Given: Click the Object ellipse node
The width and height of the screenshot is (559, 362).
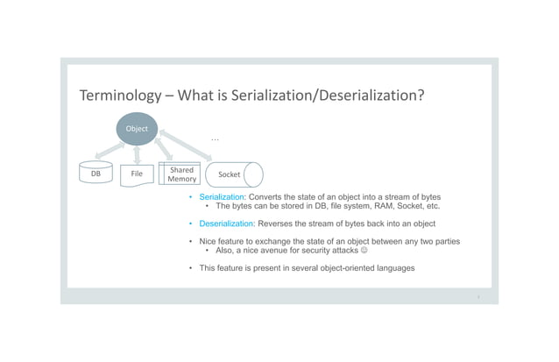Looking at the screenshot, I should (x=138, y=129).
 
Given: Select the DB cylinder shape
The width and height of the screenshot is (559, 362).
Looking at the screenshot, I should (x=96, y=174).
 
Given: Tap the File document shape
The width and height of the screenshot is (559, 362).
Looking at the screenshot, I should (x=137, y=174).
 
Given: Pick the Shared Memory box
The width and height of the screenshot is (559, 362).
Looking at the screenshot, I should (x=181, y=174).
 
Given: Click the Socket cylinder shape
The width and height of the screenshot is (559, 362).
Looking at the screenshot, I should (x=233, y=174).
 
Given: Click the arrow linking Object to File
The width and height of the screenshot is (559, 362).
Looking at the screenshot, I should (x=137, y=154).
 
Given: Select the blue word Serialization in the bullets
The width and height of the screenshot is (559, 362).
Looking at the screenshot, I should (x=222, y=197).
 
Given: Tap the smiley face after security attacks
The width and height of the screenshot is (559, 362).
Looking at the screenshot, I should (x=364, y=251).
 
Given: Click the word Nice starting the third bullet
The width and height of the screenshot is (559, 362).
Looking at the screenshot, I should (x=209, y=241).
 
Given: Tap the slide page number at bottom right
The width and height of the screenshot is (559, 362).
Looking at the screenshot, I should (x=478, y=296).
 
